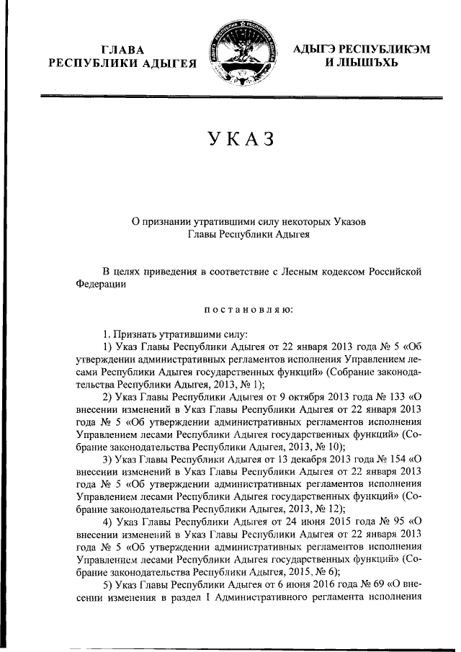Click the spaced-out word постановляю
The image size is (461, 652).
point(249,310)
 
